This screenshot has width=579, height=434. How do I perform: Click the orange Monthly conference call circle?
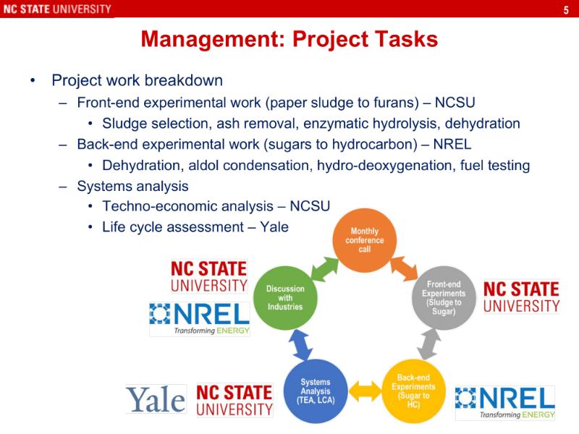365,240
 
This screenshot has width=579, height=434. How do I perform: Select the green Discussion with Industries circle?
285,298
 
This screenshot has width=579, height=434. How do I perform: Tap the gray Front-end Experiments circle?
444,298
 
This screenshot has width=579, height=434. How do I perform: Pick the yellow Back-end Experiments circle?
413,391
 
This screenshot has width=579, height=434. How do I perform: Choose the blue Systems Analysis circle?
316,391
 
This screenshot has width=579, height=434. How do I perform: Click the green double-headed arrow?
324,269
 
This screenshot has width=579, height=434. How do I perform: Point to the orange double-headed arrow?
404,269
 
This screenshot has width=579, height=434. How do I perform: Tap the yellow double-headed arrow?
365,391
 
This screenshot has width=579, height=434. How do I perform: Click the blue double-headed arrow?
300,345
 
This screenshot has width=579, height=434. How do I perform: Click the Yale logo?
156,399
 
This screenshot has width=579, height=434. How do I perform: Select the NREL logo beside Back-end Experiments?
505,403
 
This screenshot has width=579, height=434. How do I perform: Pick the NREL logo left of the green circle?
200,319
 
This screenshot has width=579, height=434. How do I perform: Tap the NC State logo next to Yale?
234,401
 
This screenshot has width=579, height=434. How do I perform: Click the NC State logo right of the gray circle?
521,297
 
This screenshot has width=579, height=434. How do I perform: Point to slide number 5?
566,10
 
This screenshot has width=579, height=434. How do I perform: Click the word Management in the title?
213,39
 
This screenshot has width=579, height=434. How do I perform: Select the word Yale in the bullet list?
274,226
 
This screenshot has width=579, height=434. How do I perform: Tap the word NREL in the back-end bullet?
452,144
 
